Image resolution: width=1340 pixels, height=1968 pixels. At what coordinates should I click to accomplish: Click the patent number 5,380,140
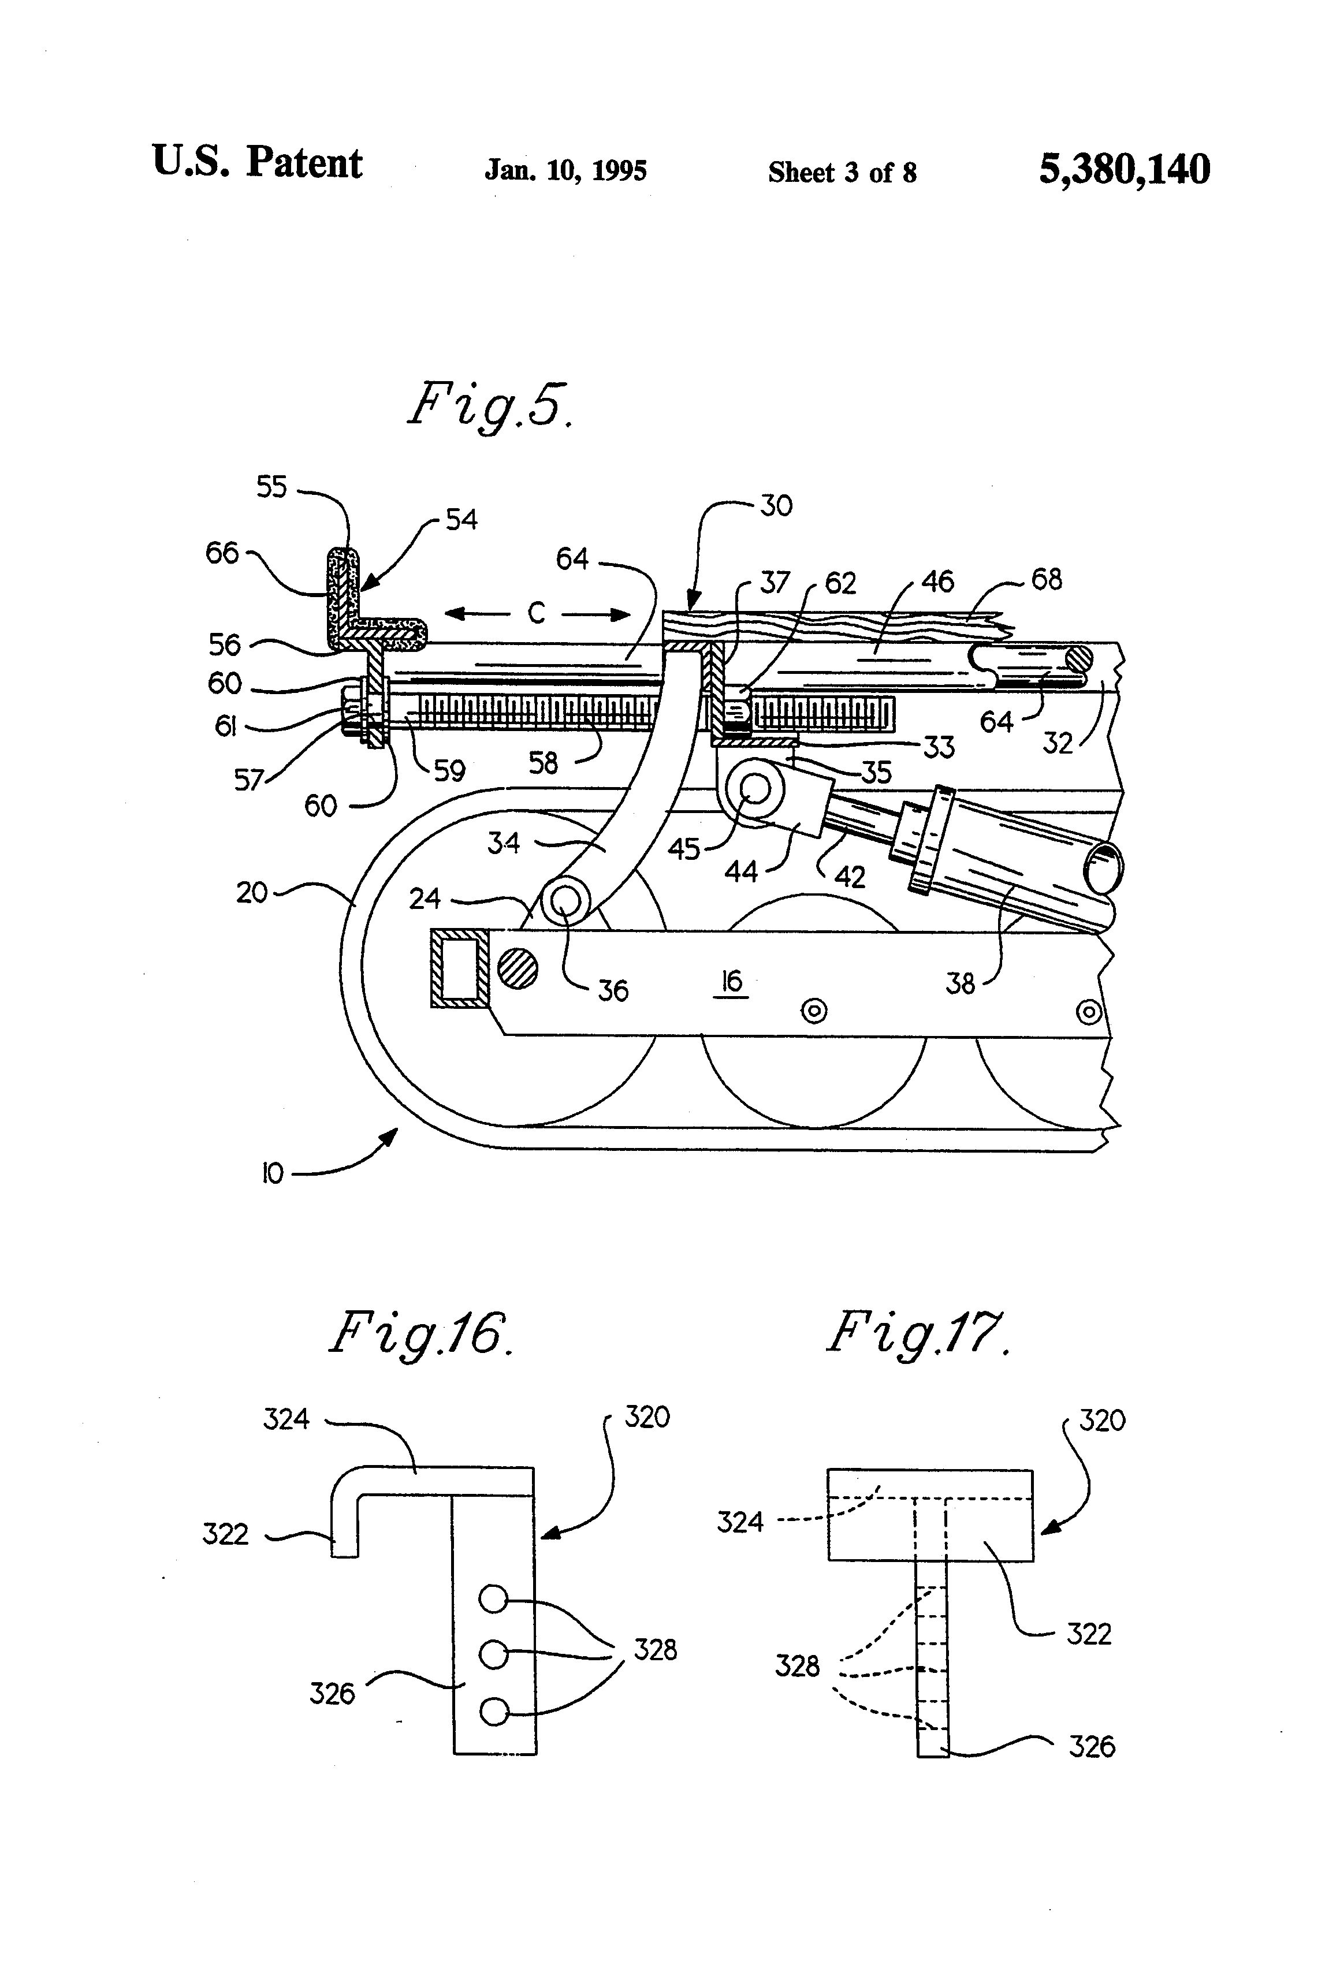coord(1124,169)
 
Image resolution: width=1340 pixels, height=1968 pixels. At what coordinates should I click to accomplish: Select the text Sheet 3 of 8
coord(842,173)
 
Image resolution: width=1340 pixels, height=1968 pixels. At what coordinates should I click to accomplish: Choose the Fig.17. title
coord(918,1335)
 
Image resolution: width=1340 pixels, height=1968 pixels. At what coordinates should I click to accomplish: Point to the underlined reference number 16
coord(731,982)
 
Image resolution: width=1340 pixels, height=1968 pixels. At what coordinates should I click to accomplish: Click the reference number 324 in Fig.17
coord(740,1522)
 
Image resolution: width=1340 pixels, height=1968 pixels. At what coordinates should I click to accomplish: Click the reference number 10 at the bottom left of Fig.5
coord(273,1173)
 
